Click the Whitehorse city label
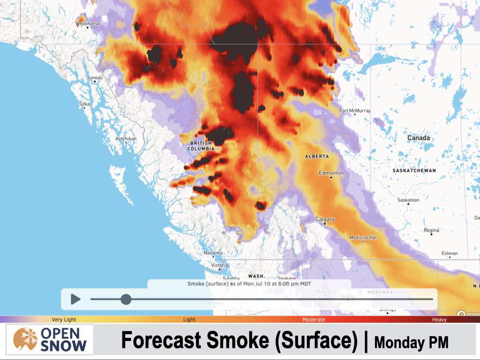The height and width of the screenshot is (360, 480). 88,23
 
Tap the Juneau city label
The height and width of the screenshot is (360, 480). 95,77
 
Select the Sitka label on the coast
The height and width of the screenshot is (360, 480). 84,104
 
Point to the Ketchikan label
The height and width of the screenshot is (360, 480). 126,139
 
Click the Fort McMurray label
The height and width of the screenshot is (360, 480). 355,111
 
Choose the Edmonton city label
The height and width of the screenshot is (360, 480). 331,173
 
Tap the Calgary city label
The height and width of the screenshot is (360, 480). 324,219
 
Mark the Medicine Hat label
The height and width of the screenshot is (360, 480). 363,238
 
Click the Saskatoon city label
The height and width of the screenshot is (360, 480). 408,200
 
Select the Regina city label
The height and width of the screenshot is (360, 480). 431,230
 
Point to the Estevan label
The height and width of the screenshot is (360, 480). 450,253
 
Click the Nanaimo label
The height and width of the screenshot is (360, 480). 213,253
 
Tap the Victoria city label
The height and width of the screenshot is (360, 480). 219,265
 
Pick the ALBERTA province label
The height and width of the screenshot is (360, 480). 317,156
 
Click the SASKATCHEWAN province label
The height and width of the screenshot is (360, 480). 414,171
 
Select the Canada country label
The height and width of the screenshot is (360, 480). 419,138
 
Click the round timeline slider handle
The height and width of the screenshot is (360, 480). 126,299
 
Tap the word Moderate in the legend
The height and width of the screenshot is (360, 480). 314,320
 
